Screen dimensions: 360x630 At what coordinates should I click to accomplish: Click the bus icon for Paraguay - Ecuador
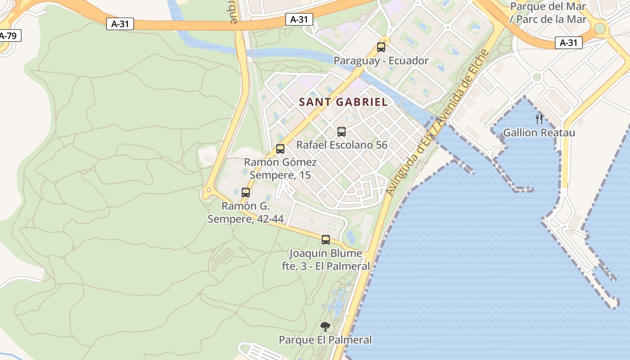click(x=381, y=47)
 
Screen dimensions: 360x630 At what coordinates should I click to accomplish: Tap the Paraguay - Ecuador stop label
click(x=381, y=61)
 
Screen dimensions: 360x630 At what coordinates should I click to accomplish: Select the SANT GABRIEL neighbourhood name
click(x=343, y=102)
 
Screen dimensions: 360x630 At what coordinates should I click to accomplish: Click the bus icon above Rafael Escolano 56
click(x=342, y=131)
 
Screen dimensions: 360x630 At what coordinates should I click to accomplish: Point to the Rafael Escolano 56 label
click(x=342, y=145)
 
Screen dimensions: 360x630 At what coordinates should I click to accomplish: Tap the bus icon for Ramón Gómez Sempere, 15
click(x=280, y=148)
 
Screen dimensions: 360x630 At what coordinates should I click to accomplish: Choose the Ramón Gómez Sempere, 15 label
click(x=280, y=168)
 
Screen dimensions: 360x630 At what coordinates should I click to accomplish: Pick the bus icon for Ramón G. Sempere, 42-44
click(x=246, y=192)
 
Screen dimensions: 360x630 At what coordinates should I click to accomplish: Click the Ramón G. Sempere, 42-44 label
click(x=245, y=212)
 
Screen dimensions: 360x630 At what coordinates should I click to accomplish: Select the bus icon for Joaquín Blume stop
click(x=326, y=239)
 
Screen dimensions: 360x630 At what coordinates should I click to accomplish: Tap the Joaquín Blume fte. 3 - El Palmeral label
click(x=326, y=260)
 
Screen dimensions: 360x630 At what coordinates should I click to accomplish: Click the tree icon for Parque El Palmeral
click(x=325, y=326)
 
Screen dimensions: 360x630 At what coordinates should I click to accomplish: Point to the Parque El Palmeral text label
click(x=325, y=340)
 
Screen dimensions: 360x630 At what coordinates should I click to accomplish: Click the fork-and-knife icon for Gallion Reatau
click(x=539, y=119)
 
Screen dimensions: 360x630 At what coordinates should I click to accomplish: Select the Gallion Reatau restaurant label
click(x=539, y=133)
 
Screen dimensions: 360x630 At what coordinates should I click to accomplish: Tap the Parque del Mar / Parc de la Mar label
click(x=548, y=13)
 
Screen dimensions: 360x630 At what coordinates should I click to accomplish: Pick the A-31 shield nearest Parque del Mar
click(x=569, y=43)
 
